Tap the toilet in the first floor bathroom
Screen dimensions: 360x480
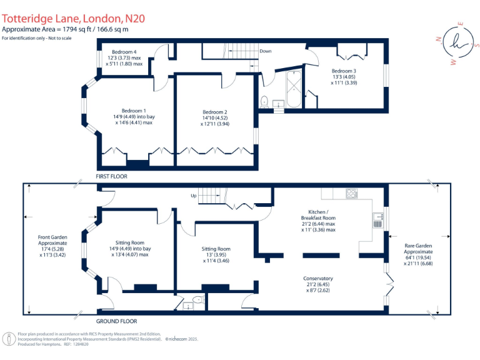(x=264, y=101)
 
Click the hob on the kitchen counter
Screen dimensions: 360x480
(x=351, y=193)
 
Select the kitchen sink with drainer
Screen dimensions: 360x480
(x=377, y=219)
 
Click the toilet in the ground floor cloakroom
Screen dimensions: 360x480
(x=199, y=301)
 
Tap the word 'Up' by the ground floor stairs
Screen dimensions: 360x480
(x=194, y=196)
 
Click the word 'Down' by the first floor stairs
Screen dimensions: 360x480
(x=266, y=51)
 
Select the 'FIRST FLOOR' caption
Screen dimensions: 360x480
(x=111, y=177)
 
